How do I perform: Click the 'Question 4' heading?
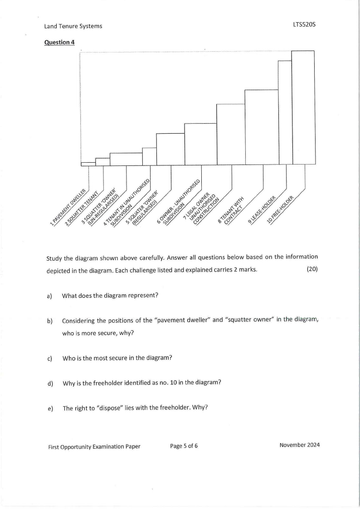click(x=59, y=42)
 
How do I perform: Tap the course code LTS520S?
click(x=304, y=25)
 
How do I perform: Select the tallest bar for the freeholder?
click(x=303, y=107)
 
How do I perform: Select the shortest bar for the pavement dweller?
click(x=88, y=163)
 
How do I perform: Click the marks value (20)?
click(x=312, y=269)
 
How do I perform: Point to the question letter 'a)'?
click(x=49, y=296)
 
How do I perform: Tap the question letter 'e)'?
click(x=49, y=408)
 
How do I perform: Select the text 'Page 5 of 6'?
click(x=184, y=446)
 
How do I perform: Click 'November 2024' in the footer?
click(x=299, y=445)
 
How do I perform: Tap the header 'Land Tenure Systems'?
click(x=73, y=26)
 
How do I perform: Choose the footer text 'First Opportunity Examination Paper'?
click(x=94, y=446)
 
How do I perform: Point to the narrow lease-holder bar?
click(x=285, y=112)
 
